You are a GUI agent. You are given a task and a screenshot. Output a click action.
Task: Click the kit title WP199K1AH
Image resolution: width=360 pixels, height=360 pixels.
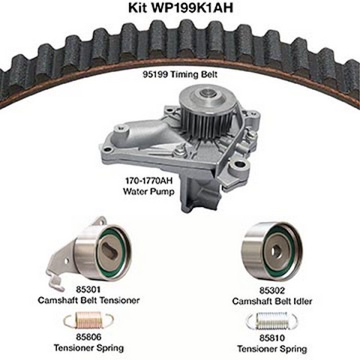point(191,7)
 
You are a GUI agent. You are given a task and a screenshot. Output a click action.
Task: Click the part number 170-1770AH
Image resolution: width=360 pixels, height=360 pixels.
point(149,181)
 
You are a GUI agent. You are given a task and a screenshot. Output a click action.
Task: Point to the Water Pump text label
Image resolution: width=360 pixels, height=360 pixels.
point(148,191)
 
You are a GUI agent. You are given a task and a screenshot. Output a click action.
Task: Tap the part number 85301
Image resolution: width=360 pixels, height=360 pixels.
point(88,289)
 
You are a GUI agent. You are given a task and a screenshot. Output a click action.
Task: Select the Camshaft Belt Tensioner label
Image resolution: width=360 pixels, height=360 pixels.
point(88,300)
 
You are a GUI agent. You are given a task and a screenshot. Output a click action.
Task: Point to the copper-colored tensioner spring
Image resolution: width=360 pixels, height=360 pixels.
point(88,320)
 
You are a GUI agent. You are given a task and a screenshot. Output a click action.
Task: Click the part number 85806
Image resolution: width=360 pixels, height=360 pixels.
point(88,337)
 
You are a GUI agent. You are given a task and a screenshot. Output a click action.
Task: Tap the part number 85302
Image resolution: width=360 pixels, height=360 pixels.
point(272,290)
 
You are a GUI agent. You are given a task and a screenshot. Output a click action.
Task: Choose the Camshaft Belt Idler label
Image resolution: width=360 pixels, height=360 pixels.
point(272,301)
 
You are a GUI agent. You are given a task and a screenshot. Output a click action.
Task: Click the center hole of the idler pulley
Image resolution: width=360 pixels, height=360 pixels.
point(277,250)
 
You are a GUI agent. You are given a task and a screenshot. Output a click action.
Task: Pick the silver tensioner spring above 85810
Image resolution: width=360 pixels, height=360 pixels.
point(272,321)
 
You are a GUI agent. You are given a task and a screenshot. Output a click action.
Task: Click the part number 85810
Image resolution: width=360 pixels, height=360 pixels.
point(272,338)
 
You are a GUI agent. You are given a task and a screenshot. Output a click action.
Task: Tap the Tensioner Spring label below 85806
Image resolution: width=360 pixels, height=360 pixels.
point(88,348)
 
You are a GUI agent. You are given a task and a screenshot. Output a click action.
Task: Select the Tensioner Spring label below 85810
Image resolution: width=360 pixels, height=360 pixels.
point(272,349)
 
